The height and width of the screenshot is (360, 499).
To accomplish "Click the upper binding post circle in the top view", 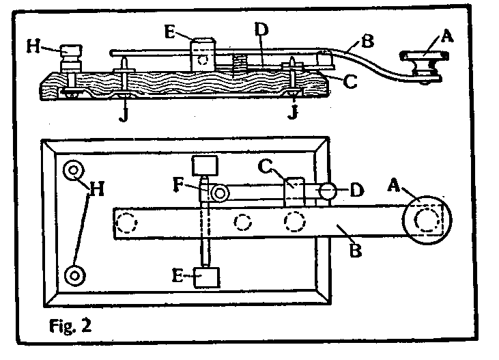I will [x=72, y=171].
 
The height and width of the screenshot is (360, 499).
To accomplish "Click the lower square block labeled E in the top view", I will [x=207, y=278].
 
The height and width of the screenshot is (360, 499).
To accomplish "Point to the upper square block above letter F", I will [x=203, y=166].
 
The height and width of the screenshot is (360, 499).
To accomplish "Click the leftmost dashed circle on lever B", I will [x=126, y=223].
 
